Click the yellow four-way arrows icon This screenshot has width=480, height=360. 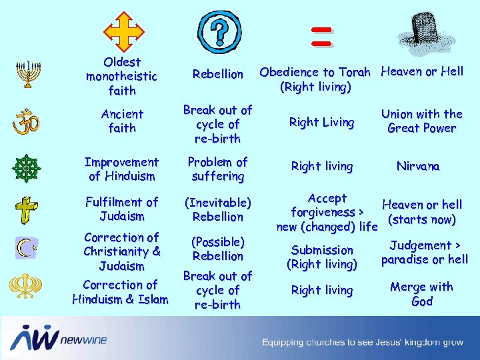click(124, 31)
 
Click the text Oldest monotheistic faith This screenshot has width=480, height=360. click(121, 76)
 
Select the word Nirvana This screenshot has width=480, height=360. click(418, 166)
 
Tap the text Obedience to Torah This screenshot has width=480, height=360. click(315, 72)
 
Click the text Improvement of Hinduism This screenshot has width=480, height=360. click(122, 169)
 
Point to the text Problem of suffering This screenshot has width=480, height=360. click(217, 169)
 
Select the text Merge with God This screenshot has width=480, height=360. click(421, 294)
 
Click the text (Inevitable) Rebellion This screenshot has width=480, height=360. click(217, 209)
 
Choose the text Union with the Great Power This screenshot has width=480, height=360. click(421, 121)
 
